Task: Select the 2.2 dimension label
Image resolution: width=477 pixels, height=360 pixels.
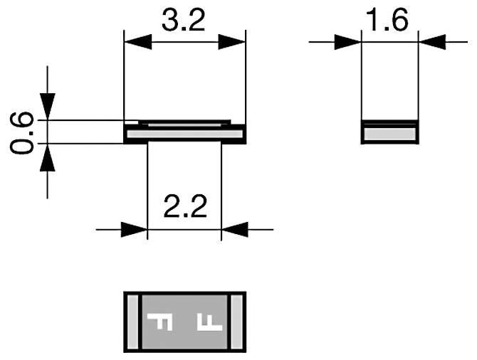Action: tap(184, 208)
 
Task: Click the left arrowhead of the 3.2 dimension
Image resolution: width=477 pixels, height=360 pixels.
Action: tap(135, 42)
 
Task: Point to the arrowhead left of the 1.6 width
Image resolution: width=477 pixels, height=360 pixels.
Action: tap(350, 42)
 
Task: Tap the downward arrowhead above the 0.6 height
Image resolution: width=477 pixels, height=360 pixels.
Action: tap(48, 107)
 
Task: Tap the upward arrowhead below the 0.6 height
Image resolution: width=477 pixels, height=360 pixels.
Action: tap(48, 156)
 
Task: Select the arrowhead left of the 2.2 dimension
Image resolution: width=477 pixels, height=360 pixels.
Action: tap(135, 229)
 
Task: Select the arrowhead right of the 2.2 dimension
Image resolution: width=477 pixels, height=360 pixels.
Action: tap(234, 229)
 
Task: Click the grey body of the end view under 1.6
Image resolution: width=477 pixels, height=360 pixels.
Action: tap(389, 133)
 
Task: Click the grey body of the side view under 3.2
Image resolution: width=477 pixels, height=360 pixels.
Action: tap(184, 132)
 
